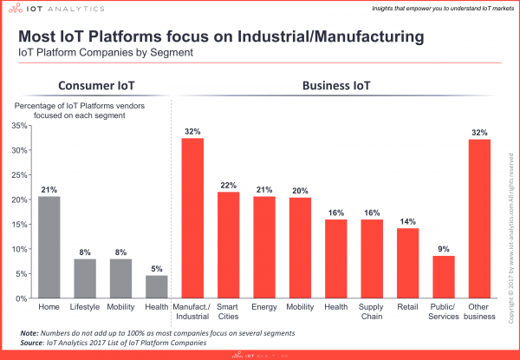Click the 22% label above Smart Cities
pos(229,184)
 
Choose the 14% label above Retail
pos(407,220)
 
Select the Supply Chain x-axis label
pos(372,311)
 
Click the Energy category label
pos(264,306)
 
